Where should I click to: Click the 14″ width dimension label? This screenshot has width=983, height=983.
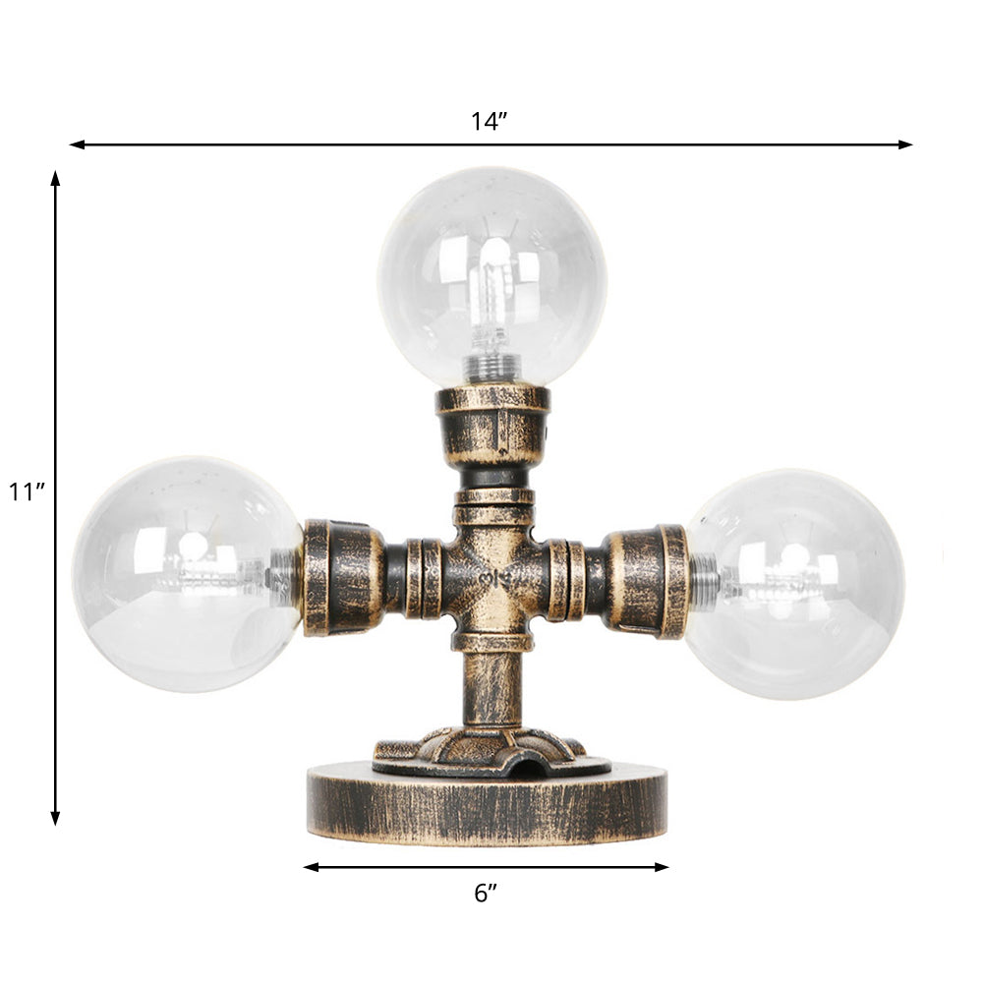pyautogui.click(x=489, y=121)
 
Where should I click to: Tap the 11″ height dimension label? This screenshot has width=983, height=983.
pyautogui.click(x=28, y=491)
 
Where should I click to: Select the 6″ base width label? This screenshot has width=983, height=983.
pyautogui.click(x=486, y=893)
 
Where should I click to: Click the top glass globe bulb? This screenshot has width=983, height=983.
pyautogui.click(x=491, y=275)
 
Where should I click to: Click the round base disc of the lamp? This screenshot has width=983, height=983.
pyautogui.click(x=487, y=806)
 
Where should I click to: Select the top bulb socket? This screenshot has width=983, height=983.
pyautogui.click(x=492, y=423)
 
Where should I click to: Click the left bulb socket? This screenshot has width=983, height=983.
pyautogui.click(x=342, y=578)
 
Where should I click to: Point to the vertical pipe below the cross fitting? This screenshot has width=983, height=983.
pyautogui.click(x=491, y=688)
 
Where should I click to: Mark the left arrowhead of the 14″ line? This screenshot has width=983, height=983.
pyautogui.click(x=75, y=145)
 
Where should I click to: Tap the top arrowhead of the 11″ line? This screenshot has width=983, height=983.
pyautogui.click(x=55, y=178)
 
